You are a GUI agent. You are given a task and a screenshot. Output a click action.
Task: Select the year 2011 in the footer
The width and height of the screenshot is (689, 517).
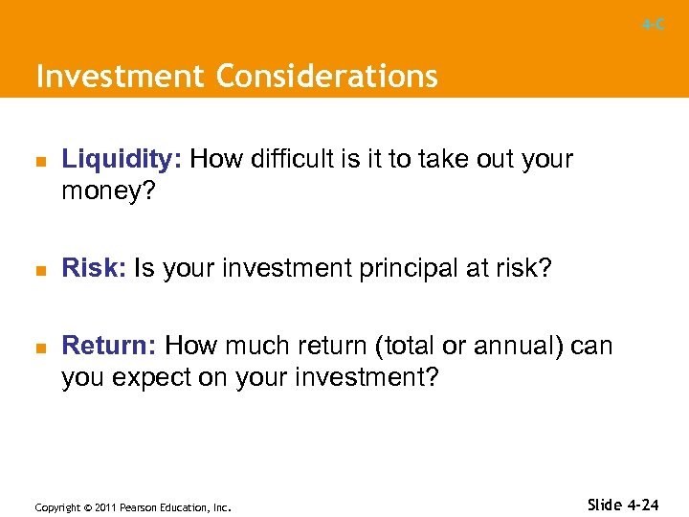(103, 506)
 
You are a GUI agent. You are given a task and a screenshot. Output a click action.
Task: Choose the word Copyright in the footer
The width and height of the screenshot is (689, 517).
(56, 506)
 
